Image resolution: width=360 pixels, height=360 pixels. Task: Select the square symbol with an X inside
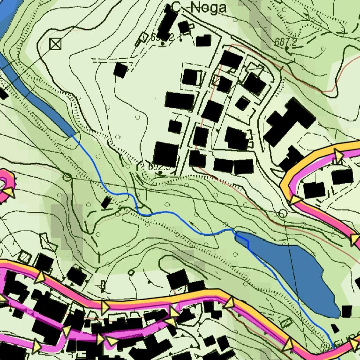55,44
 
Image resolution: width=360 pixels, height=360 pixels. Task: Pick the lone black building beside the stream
106,202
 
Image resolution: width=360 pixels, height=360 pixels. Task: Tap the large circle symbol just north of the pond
282,214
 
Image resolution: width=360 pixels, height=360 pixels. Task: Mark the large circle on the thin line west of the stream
67,177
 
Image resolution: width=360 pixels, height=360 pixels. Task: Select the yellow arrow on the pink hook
9,192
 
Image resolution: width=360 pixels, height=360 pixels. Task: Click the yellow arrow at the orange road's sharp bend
294,201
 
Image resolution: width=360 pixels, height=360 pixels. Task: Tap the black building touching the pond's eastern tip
346,311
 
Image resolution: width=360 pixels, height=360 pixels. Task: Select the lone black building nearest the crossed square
120,70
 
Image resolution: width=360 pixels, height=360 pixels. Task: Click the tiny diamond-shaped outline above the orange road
132,271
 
